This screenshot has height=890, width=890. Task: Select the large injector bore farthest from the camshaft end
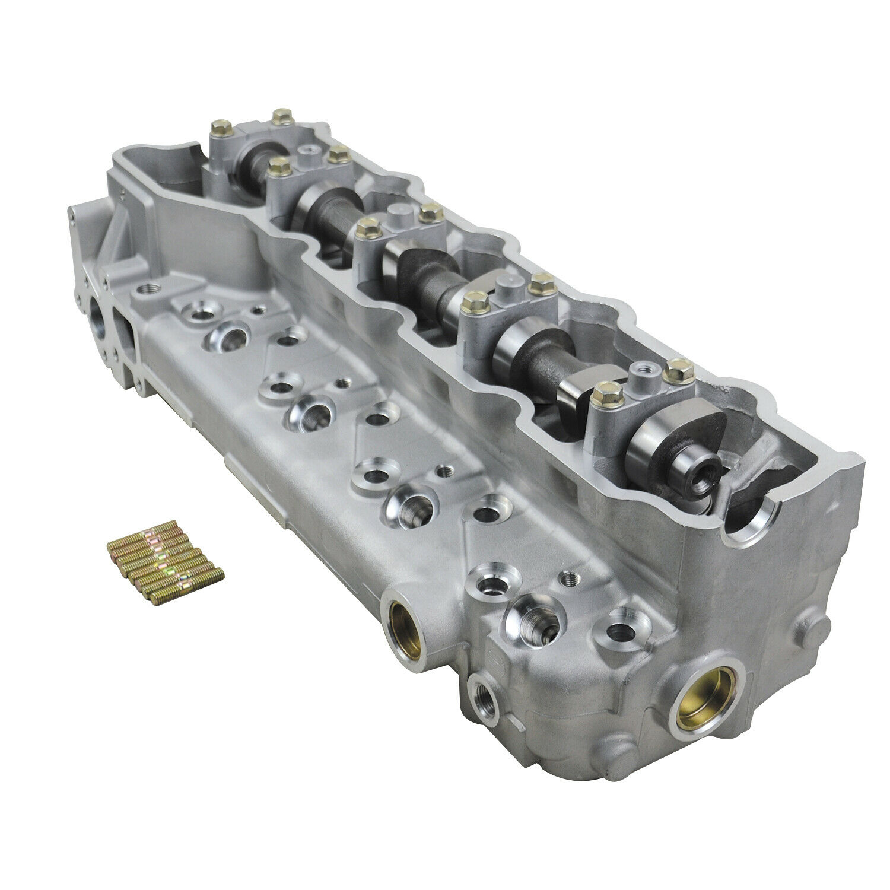[x=223, y=338]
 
